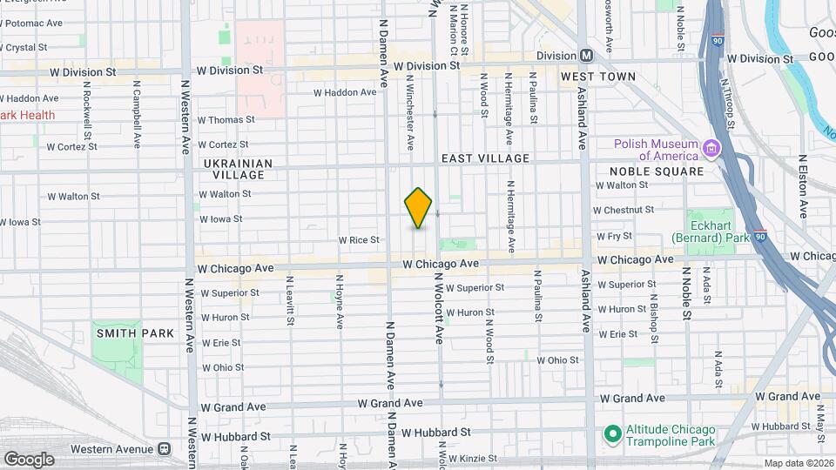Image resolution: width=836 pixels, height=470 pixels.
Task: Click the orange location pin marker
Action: [418, 208]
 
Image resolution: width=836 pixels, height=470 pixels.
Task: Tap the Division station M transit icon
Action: [587, 55]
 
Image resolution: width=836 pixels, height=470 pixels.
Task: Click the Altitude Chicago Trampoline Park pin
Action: [612, 433]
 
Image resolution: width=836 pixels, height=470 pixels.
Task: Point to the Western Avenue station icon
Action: [164, 449]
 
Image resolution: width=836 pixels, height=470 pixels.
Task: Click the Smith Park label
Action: [135, 333]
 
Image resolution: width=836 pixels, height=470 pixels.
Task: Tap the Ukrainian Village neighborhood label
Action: [239, 169]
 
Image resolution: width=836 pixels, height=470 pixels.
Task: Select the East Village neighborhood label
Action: [485, 158]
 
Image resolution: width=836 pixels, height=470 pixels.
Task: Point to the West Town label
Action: [598, 77]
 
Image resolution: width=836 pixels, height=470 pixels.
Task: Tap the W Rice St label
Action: [360, 239]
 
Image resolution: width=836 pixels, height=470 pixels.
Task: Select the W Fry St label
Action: [614, 236]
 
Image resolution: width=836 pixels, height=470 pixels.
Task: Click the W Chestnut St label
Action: [623, 210]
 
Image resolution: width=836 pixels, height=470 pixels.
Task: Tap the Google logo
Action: [29, 459]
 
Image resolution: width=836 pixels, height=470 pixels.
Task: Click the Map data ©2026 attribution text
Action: [799, 463]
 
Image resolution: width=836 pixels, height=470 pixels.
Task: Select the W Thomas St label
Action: [226, 120]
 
